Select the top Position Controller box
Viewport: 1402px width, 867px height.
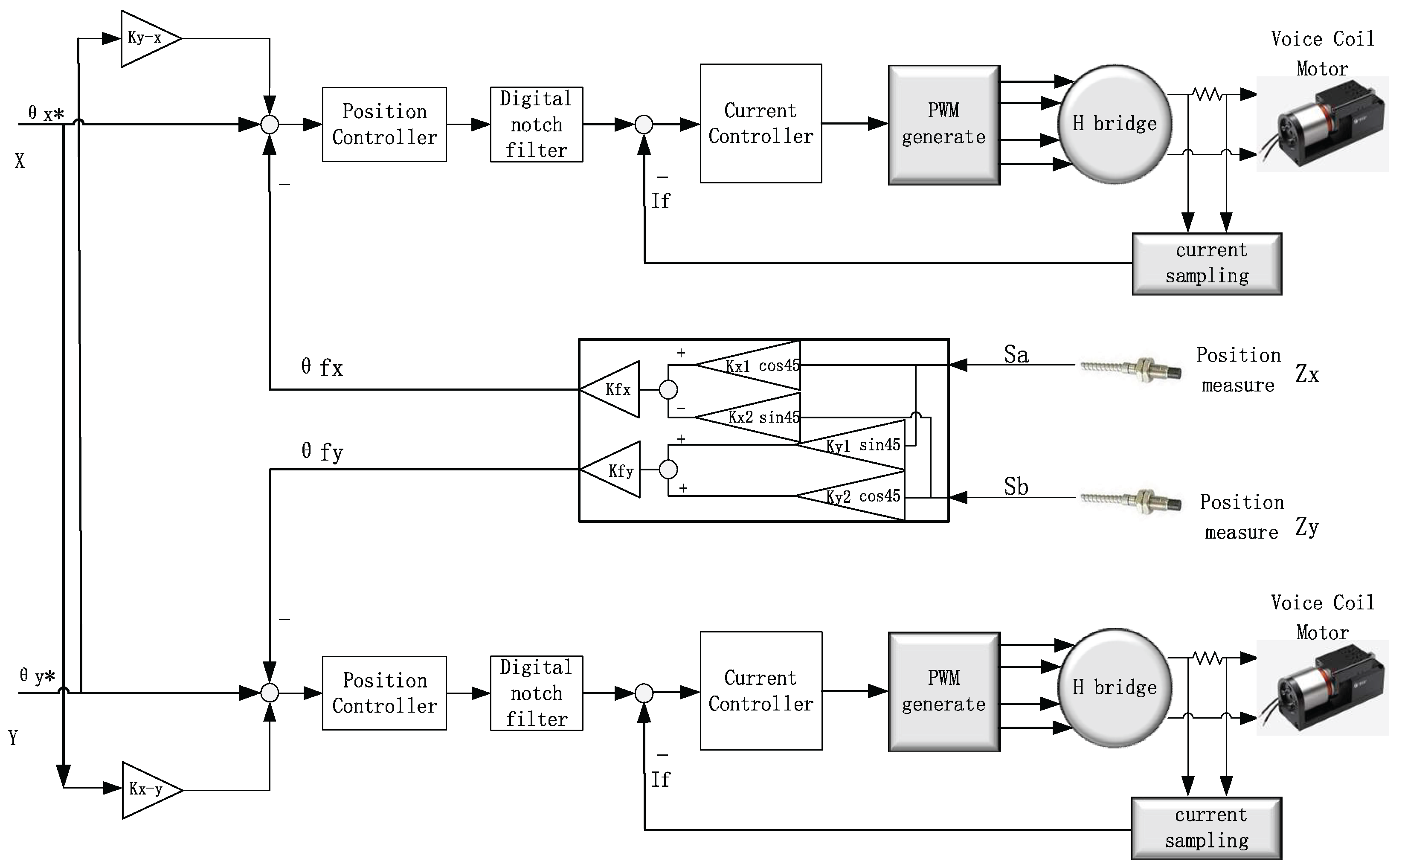(384, 125)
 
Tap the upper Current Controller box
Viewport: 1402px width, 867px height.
(761, 123)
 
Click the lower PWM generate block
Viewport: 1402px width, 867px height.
(944, 692)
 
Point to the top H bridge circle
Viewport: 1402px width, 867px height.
(1114, 124)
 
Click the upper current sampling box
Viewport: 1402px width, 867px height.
(1207, 263)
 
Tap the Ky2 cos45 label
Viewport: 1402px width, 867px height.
(862, 496)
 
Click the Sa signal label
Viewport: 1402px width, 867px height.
(1016, 354)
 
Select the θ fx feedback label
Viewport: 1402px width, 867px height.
(322, 368)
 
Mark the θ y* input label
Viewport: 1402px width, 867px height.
(37, 676)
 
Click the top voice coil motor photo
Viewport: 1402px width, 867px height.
(1322, 125)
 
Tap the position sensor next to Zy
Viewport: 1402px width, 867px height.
(1130, 501)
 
